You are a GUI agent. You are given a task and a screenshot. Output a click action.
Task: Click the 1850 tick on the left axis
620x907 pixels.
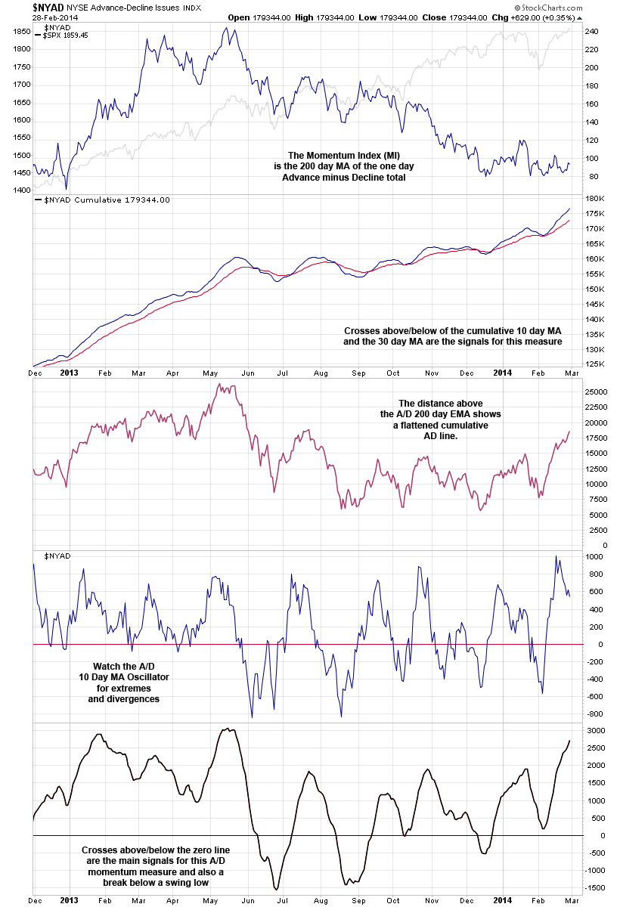click(x=21, y=32)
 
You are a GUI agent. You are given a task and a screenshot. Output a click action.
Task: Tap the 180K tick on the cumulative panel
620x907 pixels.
click(x=594, y=199)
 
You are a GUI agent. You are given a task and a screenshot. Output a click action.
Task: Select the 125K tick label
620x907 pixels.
click(x=594, y=364)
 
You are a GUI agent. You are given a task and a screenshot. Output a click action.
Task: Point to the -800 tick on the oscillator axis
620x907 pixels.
click(x=596, y=714)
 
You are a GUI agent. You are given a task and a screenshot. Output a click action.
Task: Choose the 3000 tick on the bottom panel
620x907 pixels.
click(x=595, y=730)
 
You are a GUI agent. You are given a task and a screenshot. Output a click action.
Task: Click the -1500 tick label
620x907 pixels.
click(x=596, y=889)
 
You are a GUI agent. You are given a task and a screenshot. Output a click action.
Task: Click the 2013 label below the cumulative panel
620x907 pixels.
click(x=69, y=373)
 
